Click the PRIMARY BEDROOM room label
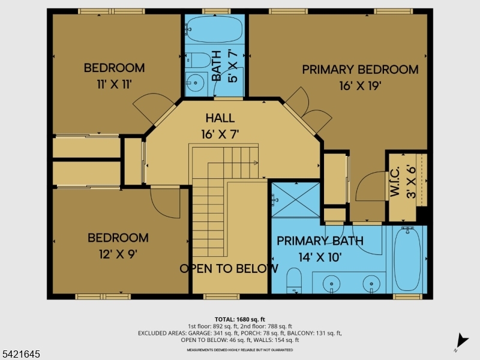tap(360, 70)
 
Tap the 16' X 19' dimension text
tap(360, 85)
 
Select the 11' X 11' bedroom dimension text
tap(114, 83)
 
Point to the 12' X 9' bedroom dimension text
tap(118, 254)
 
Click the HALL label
tap(220, 119)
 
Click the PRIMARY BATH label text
tap(319, 241)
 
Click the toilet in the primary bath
tap(294, 280)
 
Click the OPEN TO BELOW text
tap(229, 268)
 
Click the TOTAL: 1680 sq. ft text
tap(240, 319)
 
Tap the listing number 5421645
tap(20, 355)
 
